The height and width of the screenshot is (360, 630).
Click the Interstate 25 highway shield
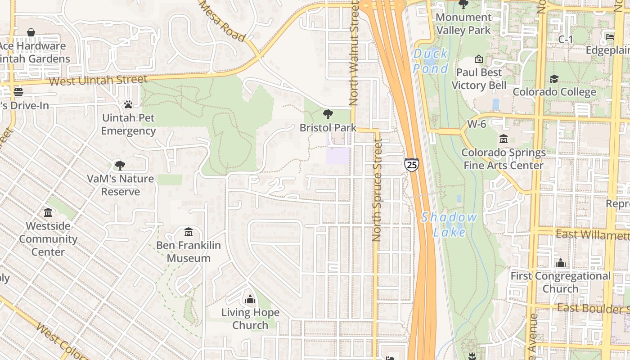pyautogui.click(x=411, y=164)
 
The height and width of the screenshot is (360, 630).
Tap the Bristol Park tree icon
pyautogui.click(x=328, y=114)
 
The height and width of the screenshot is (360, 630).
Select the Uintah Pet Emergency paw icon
pyautogui.click(x=128, y=104)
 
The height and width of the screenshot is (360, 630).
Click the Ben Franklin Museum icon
pyautogui.click(x=189, y=232)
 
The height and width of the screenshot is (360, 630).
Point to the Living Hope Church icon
pyautogui.click(x=250, y=299)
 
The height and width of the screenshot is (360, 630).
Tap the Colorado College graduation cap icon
pyautogui.click(x=554, y=79)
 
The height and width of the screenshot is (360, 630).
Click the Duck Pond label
pyautogui.click(x=431, y=61)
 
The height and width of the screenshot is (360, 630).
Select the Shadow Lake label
pyautogui.click(x=449, y=224)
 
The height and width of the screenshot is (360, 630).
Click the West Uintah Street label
pyautogui.click(x=98, y=81)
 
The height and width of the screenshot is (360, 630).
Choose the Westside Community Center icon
pyautogui.click(x=48, y=212)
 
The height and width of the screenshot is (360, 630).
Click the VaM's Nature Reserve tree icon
pyautogui.click(x=120, y=165)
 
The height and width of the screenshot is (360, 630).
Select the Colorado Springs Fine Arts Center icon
pyautogui.click(x=503, y=139)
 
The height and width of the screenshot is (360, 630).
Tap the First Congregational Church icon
pyautogui.click(x=560, y=262)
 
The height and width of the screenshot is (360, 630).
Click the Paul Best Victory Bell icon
pyautogui.click(x=479, y=59)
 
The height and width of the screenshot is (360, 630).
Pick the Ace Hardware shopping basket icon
pyautogui.click(x=31, y=32)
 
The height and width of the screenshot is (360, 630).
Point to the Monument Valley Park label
pyautogui.click(x=463, y=24)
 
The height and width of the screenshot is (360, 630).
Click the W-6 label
pyautogui.click(x=477, y=124)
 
